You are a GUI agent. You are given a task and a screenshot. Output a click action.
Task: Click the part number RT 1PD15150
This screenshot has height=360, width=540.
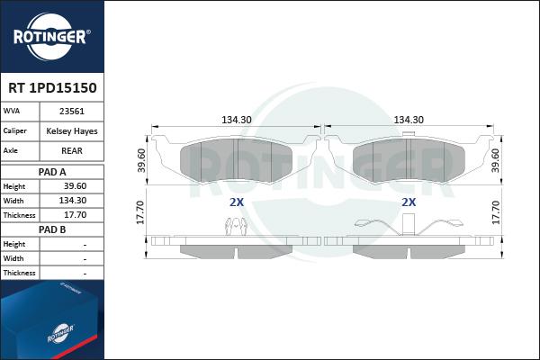coord(52,88)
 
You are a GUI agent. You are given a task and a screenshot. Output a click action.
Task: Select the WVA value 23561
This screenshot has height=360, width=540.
coord(72,112)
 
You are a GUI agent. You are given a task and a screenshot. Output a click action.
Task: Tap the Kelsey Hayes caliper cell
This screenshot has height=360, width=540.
coord(72,131)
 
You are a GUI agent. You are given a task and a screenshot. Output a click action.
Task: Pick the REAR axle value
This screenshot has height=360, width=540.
coord(72,151)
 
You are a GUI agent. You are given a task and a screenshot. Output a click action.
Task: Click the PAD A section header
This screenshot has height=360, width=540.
coord(52,172)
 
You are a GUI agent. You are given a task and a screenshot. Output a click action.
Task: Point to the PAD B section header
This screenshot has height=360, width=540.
coord(52,229)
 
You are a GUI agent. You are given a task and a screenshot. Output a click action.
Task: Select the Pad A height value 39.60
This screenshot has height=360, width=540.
coord(75,186)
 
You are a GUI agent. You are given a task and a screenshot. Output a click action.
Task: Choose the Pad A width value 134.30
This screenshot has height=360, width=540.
coord(73,201)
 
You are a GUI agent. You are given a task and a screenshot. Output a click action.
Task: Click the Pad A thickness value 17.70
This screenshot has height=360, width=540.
coord(75,215)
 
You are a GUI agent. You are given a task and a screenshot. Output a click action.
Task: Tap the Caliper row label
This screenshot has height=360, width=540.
coord(14,130)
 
